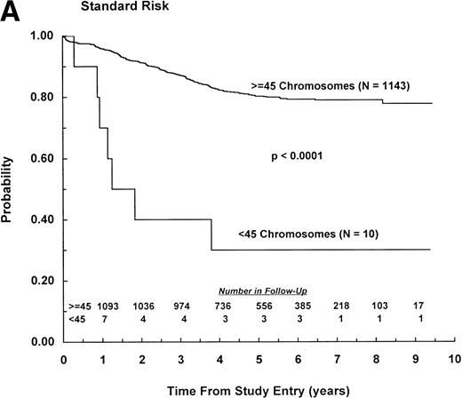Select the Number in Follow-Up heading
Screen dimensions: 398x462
(261, 291)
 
